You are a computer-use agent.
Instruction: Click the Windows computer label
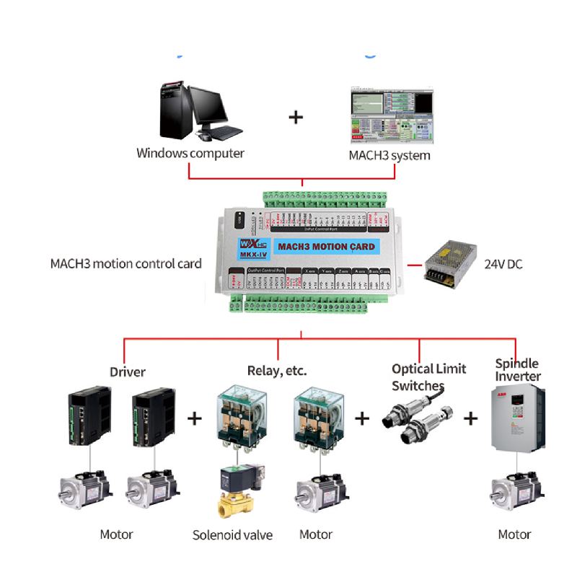click(190, 153)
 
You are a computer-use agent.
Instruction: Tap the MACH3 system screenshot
click(392, 115)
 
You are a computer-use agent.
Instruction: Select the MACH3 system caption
click(389, 155)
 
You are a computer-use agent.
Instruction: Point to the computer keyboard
click(224, 133)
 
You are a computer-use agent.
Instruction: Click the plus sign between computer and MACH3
click(296, 117)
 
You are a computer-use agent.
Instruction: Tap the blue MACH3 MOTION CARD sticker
click(326, 247)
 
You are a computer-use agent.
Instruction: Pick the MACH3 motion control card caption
click(126, 263)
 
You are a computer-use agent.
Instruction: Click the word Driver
click(128, 372)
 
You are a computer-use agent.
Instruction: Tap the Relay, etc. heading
click(277, 371)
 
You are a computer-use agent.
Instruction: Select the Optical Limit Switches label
click(429, 377)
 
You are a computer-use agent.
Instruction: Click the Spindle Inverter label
click(517, 369)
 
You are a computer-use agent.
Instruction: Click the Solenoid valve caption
click(232, 535)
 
